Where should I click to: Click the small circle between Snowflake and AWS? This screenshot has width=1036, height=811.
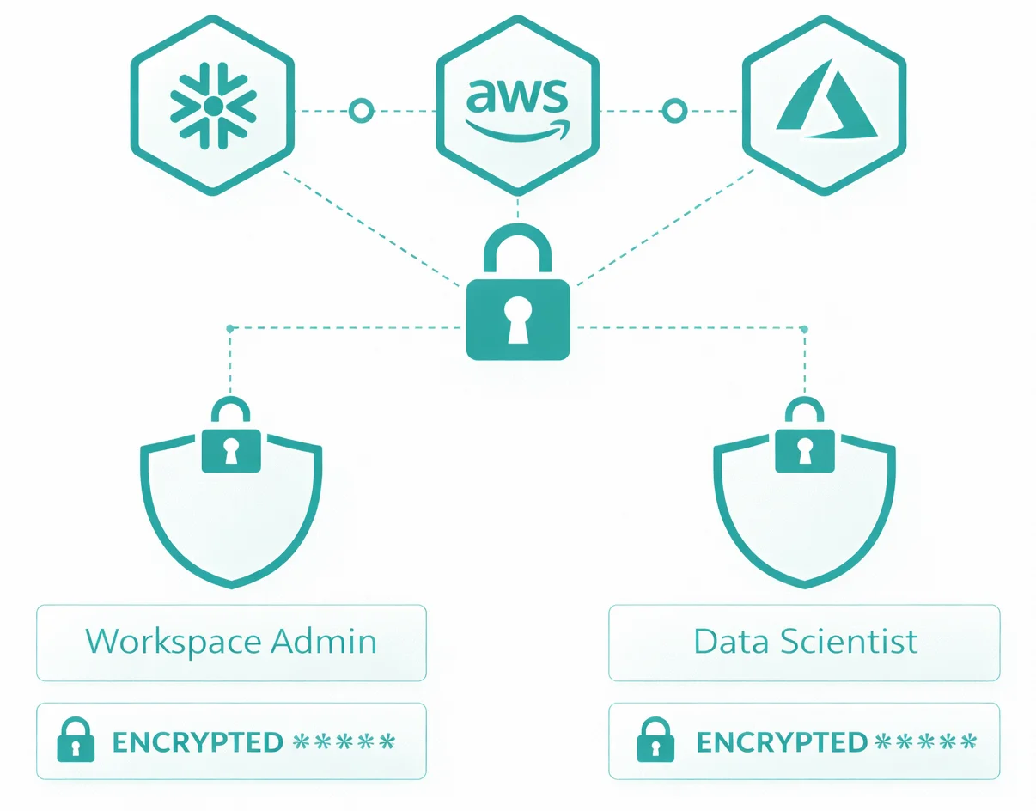click(x=361, y=110)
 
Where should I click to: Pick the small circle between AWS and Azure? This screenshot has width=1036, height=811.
click(x=675, y=110)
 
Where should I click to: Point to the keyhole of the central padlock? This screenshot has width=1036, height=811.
click(x=517, y=319)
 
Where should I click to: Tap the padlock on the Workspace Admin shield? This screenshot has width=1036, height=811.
click(x=230, y=440)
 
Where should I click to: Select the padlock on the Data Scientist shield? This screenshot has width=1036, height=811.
click(x=804, y=440)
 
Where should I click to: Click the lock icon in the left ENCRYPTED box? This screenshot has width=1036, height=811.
click(x=76, y=741)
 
